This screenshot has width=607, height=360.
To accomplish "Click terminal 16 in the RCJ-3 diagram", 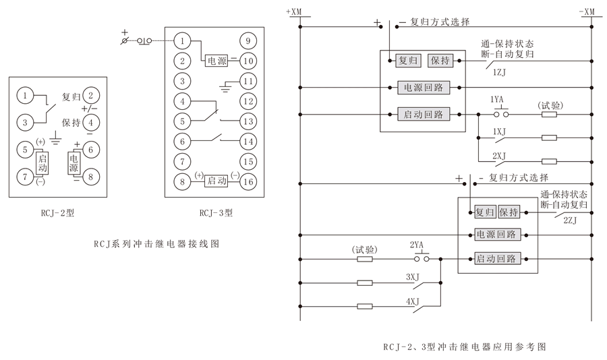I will coord(249,181).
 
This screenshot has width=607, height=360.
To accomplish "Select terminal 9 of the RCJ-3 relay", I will coord(249,41).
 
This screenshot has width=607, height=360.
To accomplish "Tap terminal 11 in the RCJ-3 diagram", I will coord(249,82).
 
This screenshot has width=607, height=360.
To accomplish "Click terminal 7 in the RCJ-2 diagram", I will coord(25,176).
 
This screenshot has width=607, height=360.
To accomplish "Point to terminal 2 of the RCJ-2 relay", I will coord(92,96).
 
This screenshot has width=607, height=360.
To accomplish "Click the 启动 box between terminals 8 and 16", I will coord(216,181).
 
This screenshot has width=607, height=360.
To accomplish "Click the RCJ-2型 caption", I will coord(57,214).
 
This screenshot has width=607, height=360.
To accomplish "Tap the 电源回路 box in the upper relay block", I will coord(423,88).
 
